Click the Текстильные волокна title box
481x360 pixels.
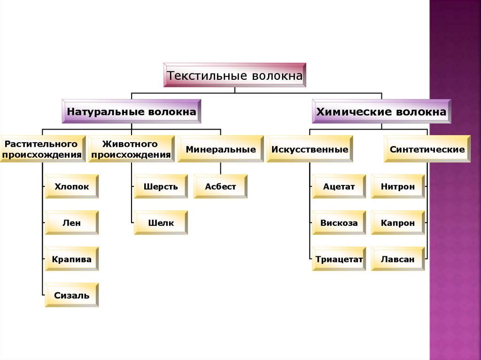[x=235, y=75]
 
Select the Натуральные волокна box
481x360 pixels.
[x=132, y=112]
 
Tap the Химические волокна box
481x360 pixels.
[x=381, y=112]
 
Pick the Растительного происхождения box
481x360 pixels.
[x=42, y=149]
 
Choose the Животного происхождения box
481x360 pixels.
[x=131, y=149]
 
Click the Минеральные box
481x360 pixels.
[x=220, y=149]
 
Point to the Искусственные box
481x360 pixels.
[x=310, y=149]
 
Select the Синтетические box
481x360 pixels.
[x=427, y=149]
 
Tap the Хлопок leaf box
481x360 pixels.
[x=72, y=186]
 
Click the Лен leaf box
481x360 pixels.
[x=72, y=222]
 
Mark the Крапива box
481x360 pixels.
[x=72, y=259]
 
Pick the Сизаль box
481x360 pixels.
[x=72, y=295]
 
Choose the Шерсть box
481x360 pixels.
[x=161, y=186]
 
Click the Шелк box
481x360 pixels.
[x=161, y=222]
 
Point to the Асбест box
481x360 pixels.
[x=220, y=186]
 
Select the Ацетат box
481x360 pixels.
[x=339, y=186]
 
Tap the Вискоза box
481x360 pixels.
[x=339, y=222]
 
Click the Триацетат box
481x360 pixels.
[x=339, y=259]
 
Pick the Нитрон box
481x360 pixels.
[x=398, y=186]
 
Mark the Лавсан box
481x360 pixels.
[x=398, y=259]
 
